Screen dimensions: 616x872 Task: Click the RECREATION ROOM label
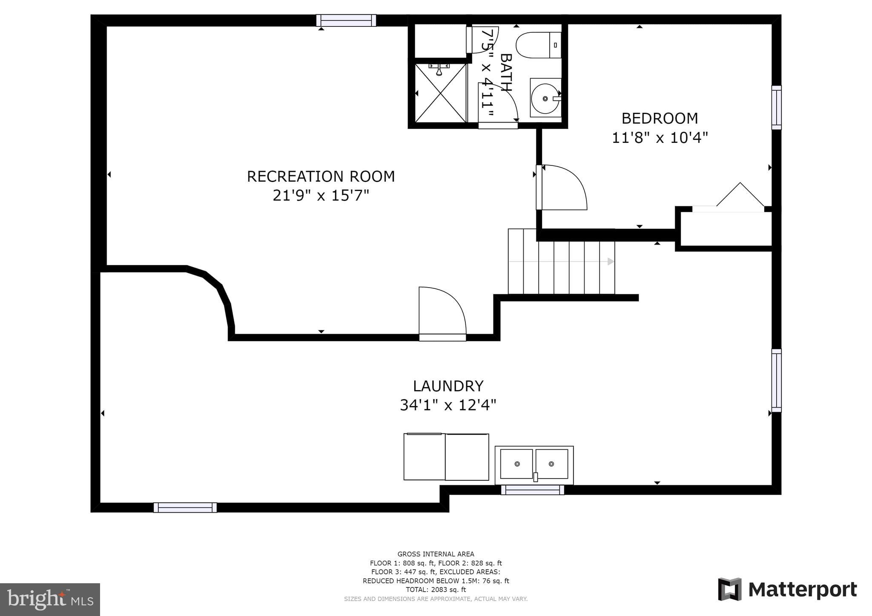(x=321, y=176)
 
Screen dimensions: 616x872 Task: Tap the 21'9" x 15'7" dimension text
(x=321, y=196)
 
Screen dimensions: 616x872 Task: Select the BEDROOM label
(x=660, y=118)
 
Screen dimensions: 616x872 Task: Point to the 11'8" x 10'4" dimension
(x=660, y=137)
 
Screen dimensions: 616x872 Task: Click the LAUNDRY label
(x=448, y=386)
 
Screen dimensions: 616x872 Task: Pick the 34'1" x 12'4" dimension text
(x=448, y=405)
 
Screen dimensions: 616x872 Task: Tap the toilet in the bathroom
(x=538, y=45)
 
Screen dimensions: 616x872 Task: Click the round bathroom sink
(x=545, y=98)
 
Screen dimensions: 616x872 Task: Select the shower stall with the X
(x=441, y=93)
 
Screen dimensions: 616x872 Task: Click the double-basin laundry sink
(x=534, y=464)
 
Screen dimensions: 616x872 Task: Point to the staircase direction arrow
(x=610, y=261)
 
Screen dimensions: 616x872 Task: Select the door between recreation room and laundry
(x=442, y=314)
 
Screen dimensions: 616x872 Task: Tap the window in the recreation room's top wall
(x=346, y=20)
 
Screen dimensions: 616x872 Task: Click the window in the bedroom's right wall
(x=776, y=107)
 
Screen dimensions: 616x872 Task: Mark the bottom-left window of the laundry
(x=185, y=507)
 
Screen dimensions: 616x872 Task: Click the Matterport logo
(x=787, y=590)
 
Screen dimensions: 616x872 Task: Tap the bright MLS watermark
(x=50, y=599)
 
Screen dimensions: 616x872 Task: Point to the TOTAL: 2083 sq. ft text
(x=436, y=590)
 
